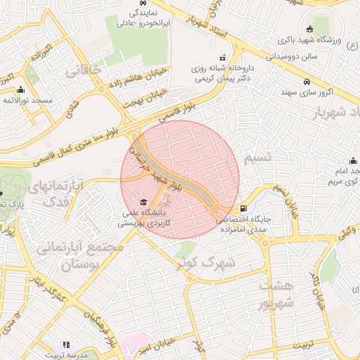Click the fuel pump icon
243,208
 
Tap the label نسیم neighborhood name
257,159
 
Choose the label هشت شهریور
275,295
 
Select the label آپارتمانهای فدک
58,194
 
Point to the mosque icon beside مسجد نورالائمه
20,89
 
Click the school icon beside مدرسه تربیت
67,345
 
